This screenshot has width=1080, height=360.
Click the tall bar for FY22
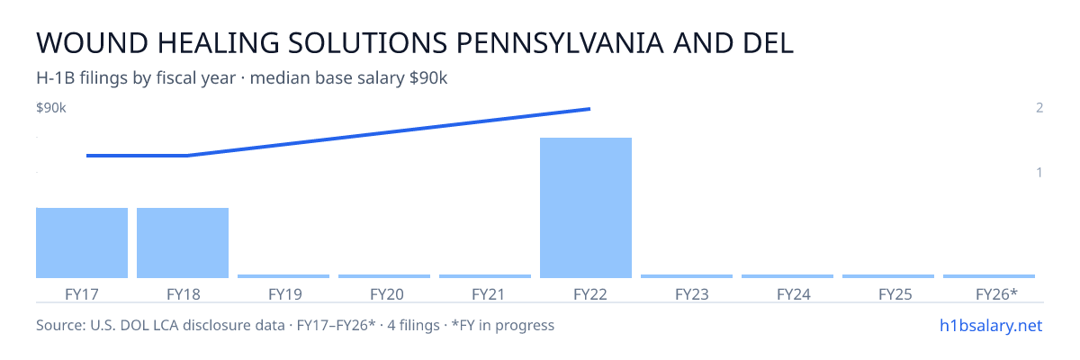586,208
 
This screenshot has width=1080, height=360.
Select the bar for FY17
82,243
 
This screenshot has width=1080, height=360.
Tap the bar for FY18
183,243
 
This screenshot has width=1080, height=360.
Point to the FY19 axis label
285,294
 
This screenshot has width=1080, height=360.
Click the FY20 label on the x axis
387,294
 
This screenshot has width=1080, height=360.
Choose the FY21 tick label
488,294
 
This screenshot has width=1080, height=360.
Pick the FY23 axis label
692,294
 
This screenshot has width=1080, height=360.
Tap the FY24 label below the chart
794,294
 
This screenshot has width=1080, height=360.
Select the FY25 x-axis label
895,294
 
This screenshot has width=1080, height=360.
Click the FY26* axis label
996,294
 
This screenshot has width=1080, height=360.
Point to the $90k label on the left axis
51,108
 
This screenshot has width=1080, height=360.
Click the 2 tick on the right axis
1039,108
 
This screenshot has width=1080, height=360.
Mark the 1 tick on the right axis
1039,173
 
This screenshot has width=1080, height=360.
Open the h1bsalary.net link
991,326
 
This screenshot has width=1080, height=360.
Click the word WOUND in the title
92,43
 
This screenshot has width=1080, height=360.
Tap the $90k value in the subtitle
428,78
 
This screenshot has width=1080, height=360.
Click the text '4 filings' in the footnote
413,326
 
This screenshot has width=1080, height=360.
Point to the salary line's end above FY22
589,109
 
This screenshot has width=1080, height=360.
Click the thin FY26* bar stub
989,276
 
